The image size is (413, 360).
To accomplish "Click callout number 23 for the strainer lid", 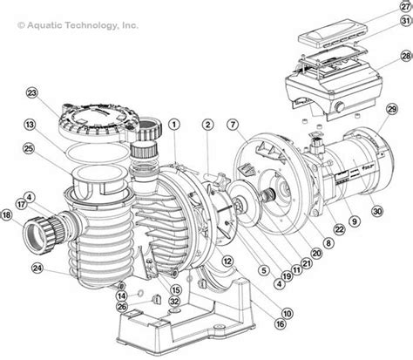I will (x=31, y=93).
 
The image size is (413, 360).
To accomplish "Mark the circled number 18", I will (x=8, y=214).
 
